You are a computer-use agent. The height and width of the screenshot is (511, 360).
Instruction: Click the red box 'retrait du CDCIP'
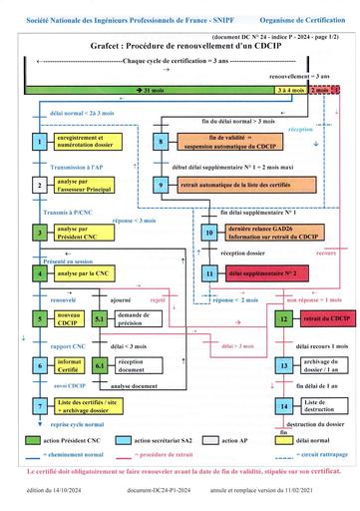point(315,318)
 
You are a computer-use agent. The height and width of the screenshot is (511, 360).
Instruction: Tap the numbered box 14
point(284,407)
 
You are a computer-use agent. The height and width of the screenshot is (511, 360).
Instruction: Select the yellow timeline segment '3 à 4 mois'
point(291,90)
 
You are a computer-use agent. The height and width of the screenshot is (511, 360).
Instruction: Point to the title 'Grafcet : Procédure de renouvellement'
point(180,45)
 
